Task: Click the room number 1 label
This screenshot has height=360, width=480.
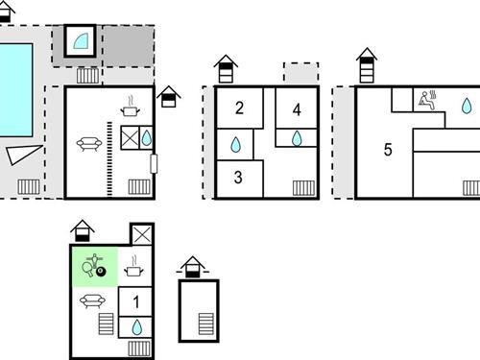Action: point(135,302)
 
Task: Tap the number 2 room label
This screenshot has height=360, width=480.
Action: point(238,108)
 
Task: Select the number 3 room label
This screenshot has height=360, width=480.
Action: point(237,177)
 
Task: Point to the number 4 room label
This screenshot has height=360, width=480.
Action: point(298,108)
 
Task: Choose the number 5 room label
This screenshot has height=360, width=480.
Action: point(388,150)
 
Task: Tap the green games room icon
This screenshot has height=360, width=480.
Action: point(94,266)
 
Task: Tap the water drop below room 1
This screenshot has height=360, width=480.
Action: point(135,327)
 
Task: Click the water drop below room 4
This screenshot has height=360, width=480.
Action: point(298,137)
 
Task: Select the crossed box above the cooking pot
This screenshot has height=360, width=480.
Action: point(141,234)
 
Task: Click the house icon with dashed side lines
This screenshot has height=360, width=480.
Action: point(194,265)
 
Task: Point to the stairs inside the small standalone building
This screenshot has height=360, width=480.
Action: point(205,324)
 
